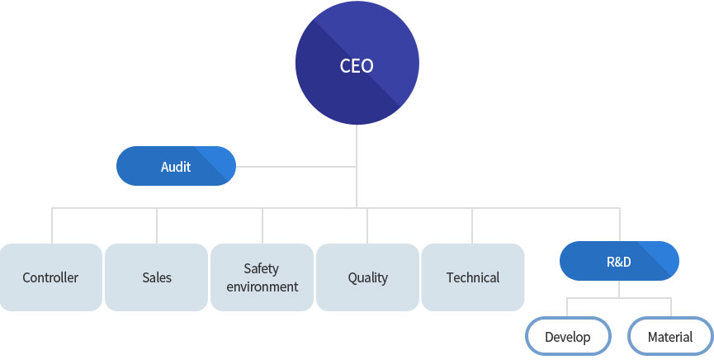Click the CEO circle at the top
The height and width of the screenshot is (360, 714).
[357, 63]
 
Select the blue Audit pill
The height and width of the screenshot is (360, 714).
[176, 166]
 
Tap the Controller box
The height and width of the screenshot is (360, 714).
[50, 277]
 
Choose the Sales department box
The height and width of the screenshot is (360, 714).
[157, 277]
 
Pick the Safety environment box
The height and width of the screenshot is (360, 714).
[262, 277]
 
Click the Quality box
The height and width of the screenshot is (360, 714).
[367, 277]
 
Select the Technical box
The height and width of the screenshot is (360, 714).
[473, 277]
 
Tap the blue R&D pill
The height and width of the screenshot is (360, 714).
[619, 261]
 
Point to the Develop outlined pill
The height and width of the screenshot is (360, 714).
[568, 336]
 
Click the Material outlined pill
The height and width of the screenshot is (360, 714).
[670, 336]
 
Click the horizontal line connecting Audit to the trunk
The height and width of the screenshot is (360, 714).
[296, 167]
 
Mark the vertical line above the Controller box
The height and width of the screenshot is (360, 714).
[52, 226]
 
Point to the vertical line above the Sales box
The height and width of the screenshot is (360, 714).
[157, 226]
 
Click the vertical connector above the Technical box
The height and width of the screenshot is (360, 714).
[472, 226]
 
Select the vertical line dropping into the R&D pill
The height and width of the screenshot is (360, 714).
[619, 225]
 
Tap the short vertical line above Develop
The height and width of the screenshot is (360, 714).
[567, 308]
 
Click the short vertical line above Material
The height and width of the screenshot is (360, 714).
[671, 308]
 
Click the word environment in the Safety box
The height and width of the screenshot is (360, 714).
[262, 287]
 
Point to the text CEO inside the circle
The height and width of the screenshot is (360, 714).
[357, 65]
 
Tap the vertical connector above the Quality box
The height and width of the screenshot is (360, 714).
[367, 226]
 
